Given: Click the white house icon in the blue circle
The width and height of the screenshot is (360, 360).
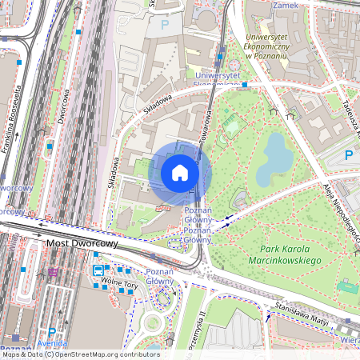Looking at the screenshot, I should [x=180, y=172].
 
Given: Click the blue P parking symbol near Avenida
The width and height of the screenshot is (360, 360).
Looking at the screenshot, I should [x=52, y=332].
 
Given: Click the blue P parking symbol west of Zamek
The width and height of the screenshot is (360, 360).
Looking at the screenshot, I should [x=166, y=24].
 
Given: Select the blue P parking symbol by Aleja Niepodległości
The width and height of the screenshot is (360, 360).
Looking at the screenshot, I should [x=347, y=154].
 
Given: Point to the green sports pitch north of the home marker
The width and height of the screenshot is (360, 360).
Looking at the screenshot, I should [x=231, y=125].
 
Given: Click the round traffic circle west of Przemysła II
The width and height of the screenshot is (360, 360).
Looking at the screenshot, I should [x=152, y=324].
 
